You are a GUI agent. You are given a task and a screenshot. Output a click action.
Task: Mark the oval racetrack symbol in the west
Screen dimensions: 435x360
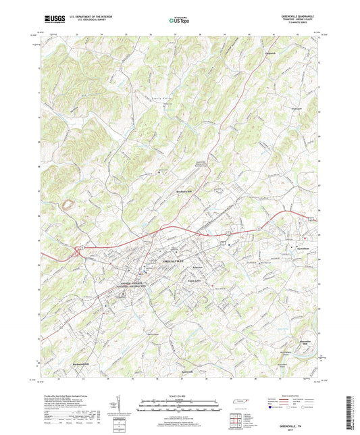point(67,203)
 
